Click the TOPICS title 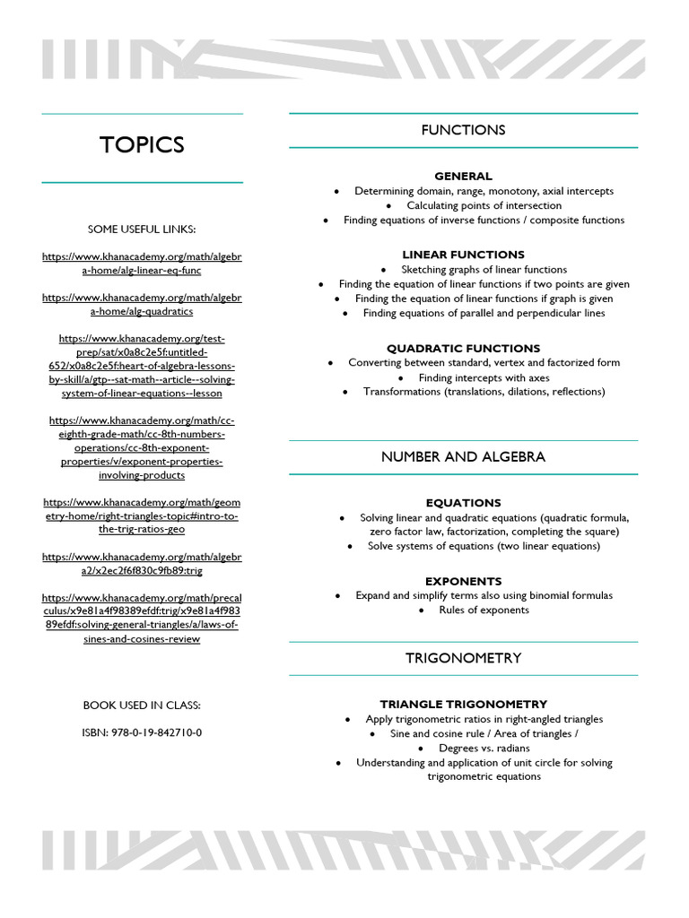pyautogui.click(x=142, y=145)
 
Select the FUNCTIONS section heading pyautogui.click(x=463, y=130)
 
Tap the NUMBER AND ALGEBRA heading pyautogui.click(x=463, y=456)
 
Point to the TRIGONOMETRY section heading pyautogui.click(x=463, y=658)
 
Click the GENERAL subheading pyautogui.click(x=463, y=176)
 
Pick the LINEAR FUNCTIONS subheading pyautogui.click(x=463, y=255)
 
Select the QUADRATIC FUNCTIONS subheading pyautogui.click(x=463, y=348)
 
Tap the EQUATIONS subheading pyautogui.click(x=463, y=503)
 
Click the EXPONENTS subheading pyautogui.click(x=463, y=581)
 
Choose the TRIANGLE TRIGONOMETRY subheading pyautogui.click(x=463, y=704)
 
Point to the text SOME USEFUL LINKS pyautogui.click(x=142, y=229)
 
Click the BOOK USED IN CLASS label pyautogui.click(x=142, y=706)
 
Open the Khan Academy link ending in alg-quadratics pyautogui.click(x=142, y=304)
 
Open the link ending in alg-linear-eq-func pyautogui.click(x=142, y=264)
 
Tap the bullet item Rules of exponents pyautogui.click(x=484, y=610)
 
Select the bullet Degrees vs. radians pyautogui.click(x=484, y=748)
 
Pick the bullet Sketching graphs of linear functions pyautogui.click(x=484, y=269)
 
